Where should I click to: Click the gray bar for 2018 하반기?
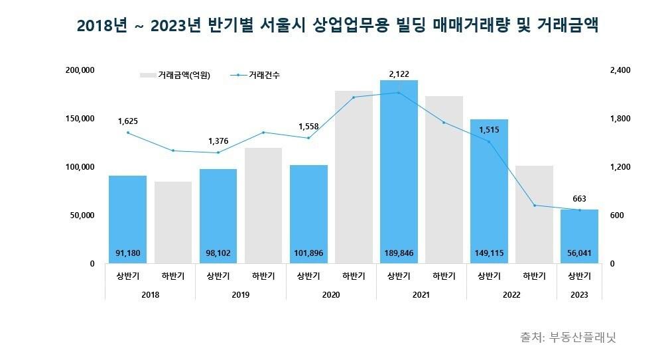[x=172, y=222]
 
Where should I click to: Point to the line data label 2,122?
[x=399, y=72]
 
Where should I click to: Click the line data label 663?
[x=579, y=198]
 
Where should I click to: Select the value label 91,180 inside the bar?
[x=127, y=253]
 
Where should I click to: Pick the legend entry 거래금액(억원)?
[x=175, y=76]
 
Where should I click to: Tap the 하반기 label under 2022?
[x=534, y=276]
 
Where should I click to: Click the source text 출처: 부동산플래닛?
[x=568, y=337]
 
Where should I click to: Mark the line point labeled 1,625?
[x=128, y=133]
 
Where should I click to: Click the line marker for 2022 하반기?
[x=534, y=206]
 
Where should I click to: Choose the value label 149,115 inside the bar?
[x=489, y=253]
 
